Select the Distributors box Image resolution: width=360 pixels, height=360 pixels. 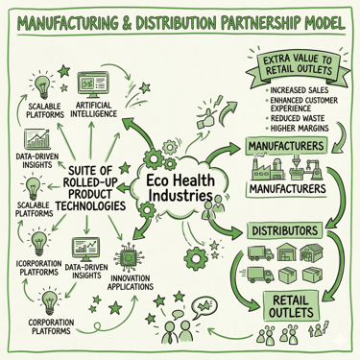pyautogui.click(x=284, y=231)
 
